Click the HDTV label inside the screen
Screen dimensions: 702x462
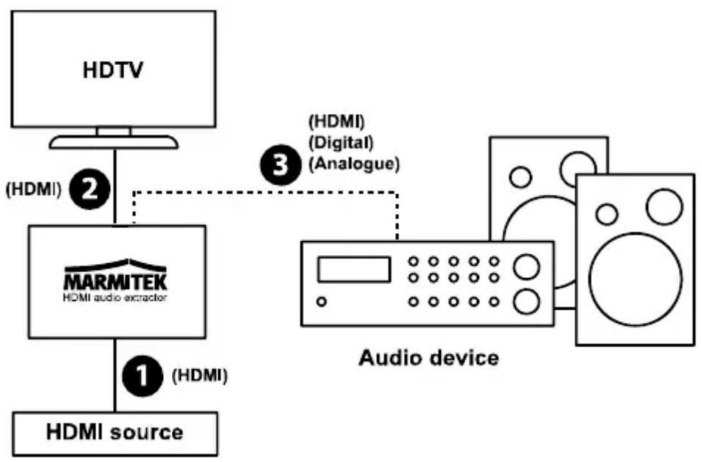pos(113,70)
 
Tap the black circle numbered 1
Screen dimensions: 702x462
pos(142,376)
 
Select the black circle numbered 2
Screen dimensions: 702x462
pos(89,189)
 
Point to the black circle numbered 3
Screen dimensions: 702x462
pos(281,164)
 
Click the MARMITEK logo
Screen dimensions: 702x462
pos(115,275)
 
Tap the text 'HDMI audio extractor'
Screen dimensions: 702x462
pos(115,298)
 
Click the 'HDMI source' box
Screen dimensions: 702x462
pos(115,433)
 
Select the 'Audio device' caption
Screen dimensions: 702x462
pos(429,358)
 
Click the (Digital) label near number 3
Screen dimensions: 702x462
pos(341,143)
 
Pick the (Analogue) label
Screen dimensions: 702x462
pos(355,164)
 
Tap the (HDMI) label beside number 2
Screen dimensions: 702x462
pos(34,189)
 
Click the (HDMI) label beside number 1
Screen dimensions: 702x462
pos(200,375)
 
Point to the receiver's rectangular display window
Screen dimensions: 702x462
pos(354,269)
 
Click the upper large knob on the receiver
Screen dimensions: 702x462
pos(526,267)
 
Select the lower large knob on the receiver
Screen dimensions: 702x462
pos(526,302)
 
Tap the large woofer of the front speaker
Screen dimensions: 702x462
pos(635,279)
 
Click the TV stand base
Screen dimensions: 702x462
pos(114,142)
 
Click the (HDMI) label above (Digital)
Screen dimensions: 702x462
pos(337,121)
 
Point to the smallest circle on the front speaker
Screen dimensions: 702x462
pos(607,214)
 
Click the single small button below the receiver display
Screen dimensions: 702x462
pos(321,301)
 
